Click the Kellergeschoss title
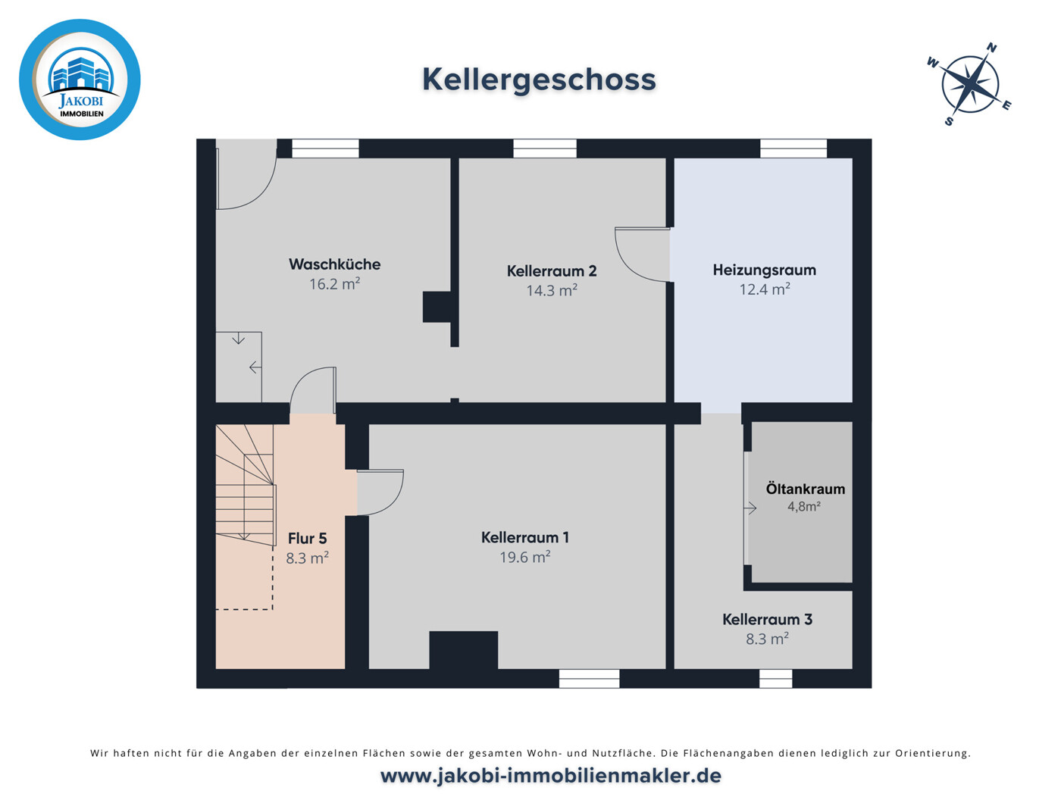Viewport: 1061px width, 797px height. point(539,80)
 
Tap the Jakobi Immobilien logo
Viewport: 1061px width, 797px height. point(80,80)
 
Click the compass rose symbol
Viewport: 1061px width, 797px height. point(969,84)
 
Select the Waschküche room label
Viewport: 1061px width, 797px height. point(334,264)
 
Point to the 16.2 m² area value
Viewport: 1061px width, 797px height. point(334,284)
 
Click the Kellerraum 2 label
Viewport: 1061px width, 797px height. point(552,270)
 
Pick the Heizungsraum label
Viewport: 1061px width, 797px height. point(764,270)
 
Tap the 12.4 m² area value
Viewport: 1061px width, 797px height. point(765,289)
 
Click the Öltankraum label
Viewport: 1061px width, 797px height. point(805,489)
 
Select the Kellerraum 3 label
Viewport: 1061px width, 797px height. point(767,620)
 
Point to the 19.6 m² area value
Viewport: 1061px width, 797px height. point(524,557)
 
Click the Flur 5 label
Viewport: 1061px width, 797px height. point(307,539)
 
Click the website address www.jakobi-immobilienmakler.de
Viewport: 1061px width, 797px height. point(551,776)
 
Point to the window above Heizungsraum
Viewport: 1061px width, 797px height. point(793,148)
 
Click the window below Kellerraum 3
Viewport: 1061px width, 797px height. point(775,679)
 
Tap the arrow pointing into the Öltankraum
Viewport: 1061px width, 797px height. point(750,508)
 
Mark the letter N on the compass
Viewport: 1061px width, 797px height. point(991,48)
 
